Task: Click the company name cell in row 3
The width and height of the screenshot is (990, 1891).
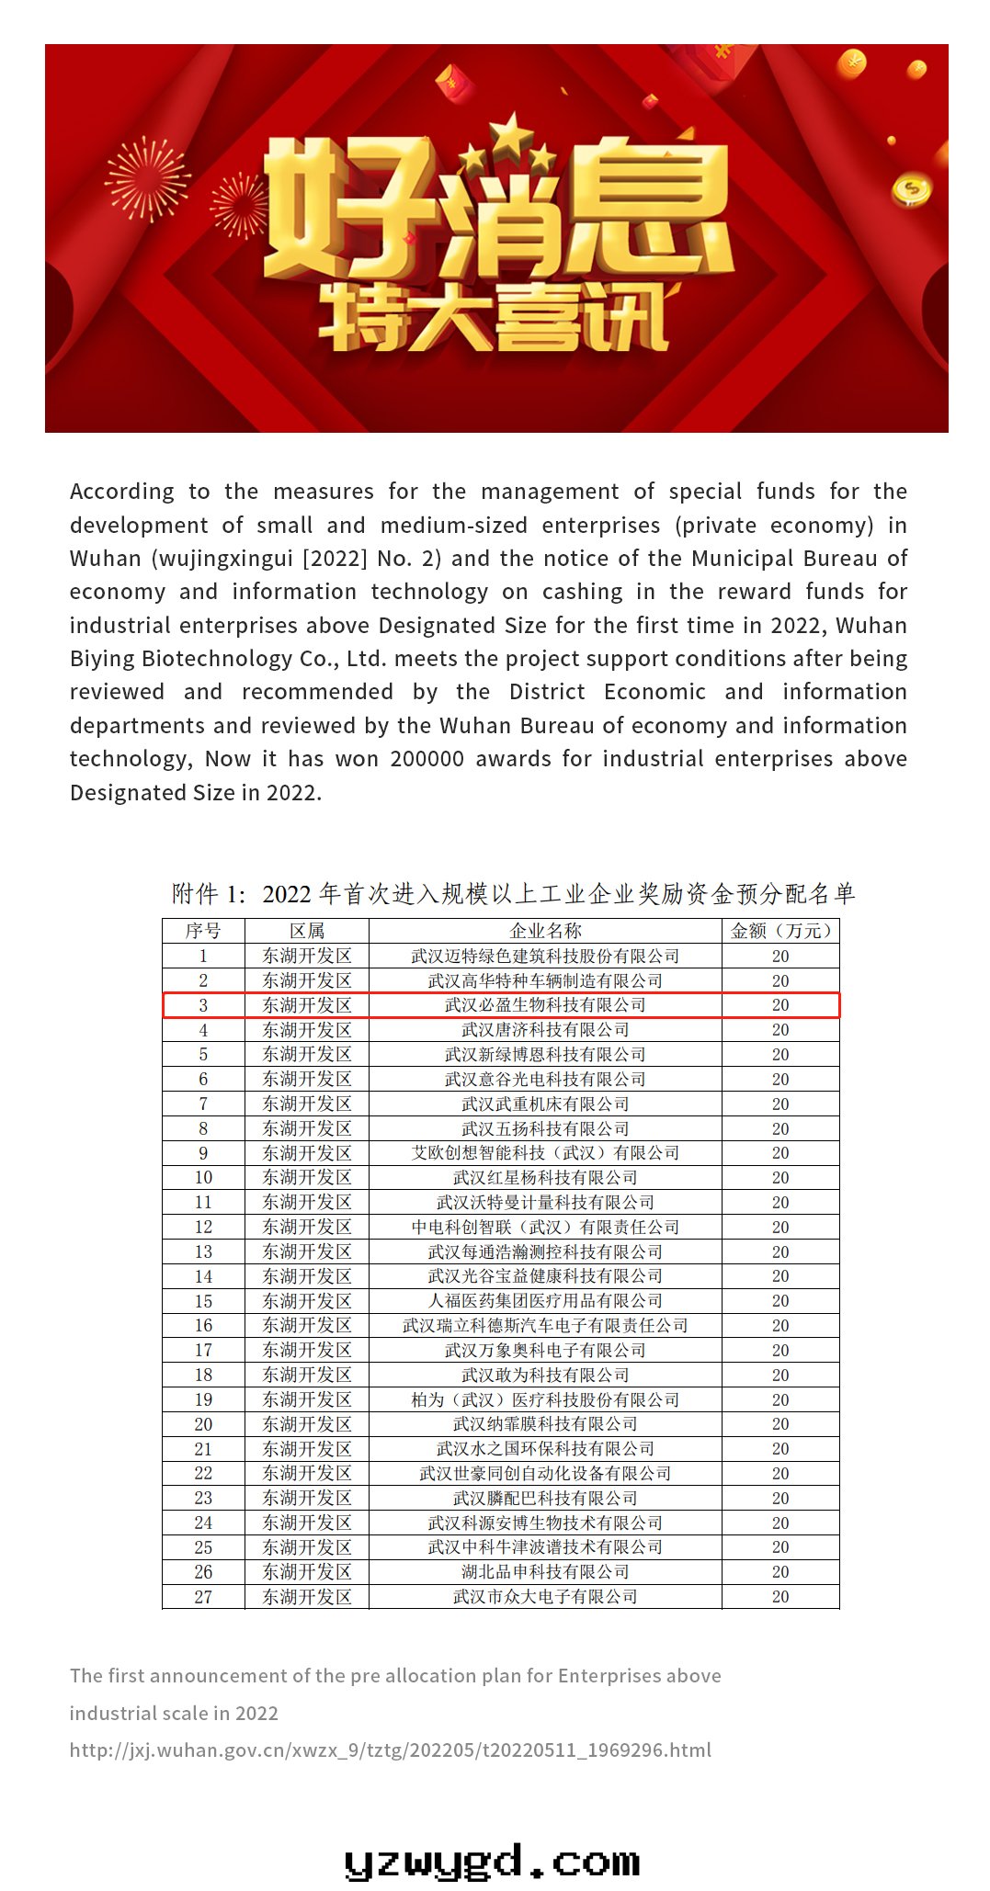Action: click(x=545, y=1005)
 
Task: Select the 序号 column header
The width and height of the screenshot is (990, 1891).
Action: click(x=203, y=931)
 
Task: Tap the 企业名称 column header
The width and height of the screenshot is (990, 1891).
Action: click(x=545, y=931)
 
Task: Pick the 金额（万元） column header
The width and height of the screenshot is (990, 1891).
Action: click(x=780, y=931)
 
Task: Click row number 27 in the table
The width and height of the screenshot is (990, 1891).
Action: click(x=203, y=1597)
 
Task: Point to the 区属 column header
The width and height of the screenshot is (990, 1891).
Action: click(x=307, y=931)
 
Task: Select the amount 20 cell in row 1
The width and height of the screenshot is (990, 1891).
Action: click(x=780, y=957)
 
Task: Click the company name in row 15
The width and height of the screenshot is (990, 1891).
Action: click(x=545, y=1301)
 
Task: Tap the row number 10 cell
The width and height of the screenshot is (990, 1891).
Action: click(x=203, y=1178)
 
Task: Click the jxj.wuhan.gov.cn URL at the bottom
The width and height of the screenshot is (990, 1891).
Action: click(x=391, y=1750)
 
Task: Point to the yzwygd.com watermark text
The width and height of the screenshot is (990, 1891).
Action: click(x=493, y=1862)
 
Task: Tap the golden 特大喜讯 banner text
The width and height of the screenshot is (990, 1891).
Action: click(x=494, y=319)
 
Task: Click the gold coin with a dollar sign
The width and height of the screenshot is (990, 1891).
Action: click(x=911, y=189)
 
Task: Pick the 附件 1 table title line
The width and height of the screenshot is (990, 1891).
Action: click(x=513, y=893)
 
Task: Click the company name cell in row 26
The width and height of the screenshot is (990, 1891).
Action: click(x=545, y=1572)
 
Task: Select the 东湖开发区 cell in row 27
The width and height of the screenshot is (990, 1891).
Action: click(x=307, y=1597)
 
